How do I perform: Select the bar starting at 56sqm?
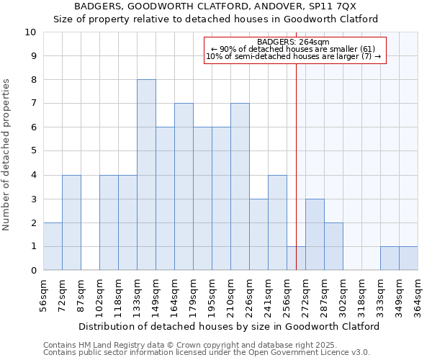tap(53, 246)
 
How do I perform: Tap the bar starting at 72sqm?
tap(71, 222)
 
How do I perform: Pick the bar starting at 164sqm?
tap(184, 186)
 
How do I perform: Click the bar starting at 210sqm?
tap(240, 186)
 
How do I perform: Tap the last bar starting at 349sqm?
tap(408, 258)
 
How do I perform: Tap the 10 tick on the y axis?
tap(30, 32)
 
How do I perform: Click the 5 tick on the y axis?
tap(33, 151)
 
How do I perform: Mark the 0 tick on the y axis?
tap(33, 270)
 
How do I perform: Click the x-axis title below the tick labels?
tap(229, 326)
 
